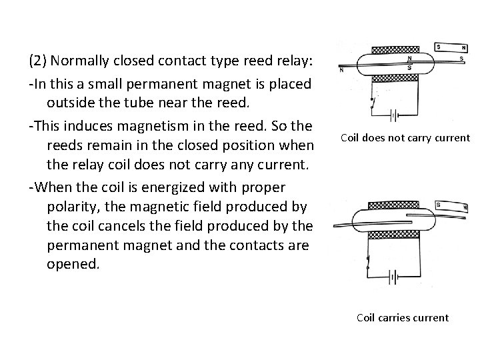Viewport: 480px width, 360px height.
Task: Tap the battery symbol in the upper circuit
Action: tap(393, 115)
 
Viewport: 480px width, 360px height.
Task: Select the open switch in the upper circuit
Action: tap(372, 103)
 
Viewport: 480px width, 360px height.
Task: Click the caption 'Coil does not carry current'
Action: tap(405, 138)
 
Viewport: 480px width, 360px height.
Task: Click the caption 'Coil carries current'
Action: tap(403, 317)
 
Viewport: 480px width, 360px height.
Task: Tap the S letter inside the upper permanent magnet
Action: tap(438, 47)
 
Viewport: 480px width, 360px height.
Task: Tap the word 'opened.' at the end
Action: tap(73, 265)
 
